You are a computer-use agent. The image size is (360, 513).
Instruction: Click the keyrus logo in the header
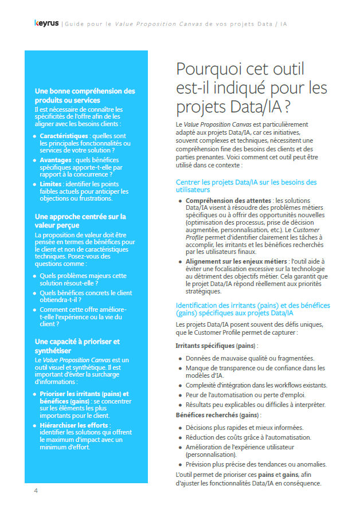tap(46, 24)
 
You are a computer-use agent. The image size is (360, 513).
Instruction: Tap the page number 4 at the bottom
tap(36, 491)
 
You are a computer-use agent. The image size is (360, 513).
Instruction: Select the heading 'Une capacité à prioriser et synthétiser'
tap(77, 346)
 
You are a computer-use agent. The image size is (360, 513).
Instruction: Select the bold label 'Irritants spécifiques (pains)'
tap(216, 346)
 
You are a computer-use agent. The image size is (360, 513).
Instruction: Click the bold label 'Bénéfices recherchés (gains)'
tap(218, 414)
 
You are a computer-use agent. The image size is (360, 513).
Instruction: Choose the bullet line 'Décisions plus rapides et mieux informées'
tap(245, 427)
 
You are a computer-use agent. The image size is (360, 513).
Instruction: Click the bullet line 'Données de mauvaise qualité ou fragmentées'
tap(250, 358)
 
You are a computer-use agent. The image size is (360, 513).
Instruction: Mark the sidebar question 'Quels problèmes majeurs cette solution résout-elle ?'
tap(83, 279)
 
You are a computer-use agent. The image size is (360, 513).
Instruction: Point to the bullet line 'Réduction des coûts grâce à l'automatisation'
tap(248, 437)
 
